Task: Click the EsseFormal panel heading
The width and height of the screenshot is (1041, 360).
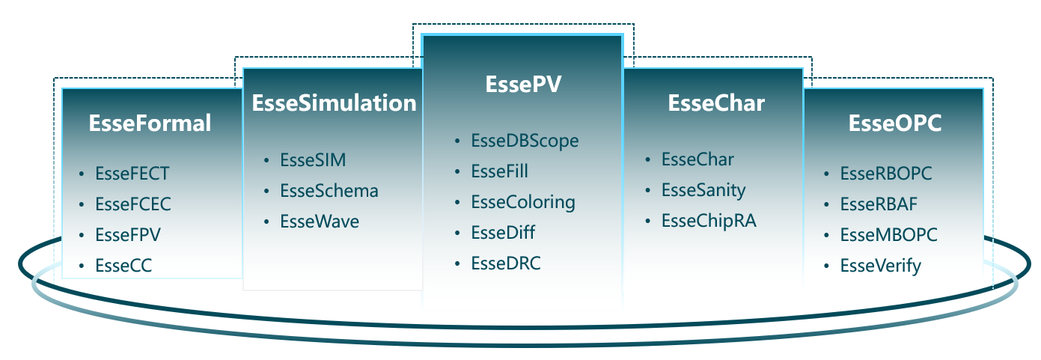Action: point(150,123)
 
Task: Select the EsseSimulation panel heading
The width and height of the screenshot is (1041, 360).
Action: point(334,103)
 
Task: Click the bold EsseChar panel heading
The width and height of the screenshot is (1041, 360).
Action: point(716,103)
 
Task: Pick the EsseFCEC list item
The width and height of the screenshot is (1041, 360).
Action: point(133,204)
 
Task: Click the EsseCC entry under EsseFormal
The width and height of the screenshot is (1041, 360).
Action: point(123,265)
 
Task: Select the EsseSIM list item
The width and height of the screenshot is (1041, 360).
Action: point(313,160)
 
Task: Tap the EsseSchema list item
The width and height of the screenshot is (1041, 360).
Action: point(329,191)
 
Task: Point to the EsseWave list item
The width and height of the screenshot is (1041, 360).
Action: point(320,222)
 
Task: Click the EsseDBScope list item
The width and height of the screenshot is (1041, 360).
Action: point(525,141)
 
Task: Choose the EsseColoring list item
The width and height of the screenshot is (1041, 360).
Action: point(523,202)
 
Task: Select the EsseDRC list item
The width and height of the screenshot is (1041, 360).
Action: point(505,263)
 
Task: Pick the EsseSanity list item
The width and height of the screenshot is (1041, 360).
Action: point(703,191)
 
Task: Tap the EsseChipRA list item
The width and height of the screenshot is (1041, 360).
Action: point(709,222)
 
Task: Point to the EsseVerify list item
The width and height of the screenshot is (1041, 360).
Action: point(881,265)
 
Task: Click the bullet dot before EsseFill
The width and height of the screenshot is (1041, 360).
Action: point(458,172)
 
